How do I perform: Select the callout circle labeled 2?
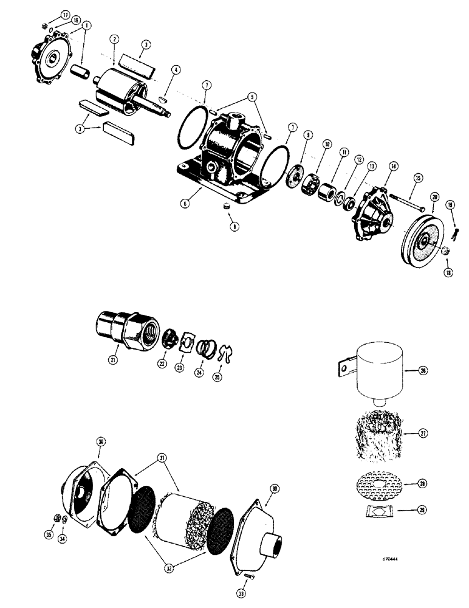click(113, 40)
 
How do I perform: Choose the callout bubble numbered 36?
click(100, 443)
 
